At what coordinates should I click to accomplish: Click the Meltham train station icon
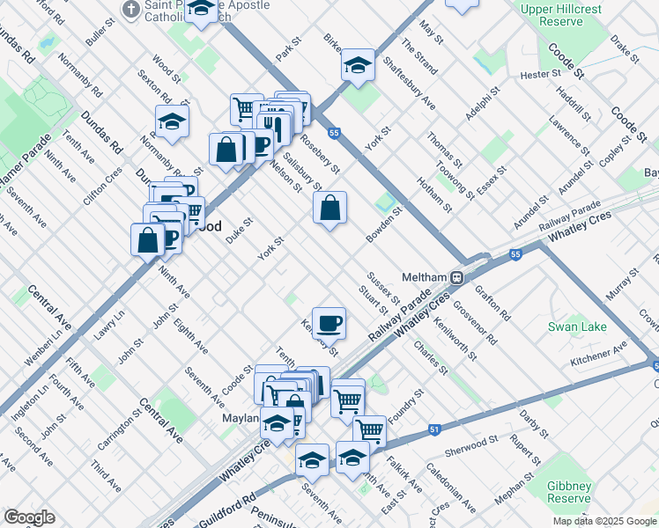[x=457, y=277]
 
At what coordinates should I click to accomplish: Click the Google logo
[x=29, y=517]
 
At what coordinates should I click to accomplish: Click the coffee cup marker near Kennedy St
[x=329, y=323]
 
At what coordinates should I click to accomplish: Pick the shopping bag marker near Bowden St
[x=329, y=209]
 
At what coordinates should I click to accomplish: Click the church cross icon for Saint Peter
[x=130, y=9]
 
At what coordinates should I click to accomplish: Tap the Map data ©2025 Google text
[x=603, y=521]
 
